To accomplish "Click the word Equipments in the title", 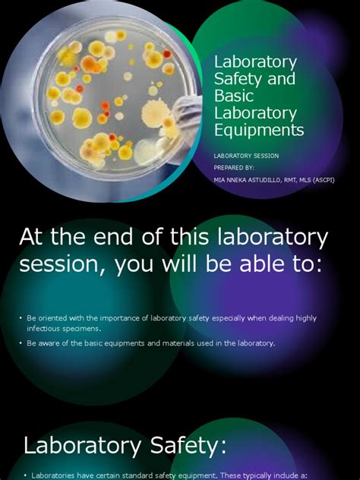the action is point(259,131).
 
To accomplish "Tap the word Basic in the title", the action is point(234,96).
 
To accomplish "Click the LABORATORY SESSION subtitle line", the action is point(246,156).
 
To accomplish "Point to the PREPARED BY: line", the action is point(234,168).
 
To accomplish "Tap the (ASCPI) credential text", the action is point(324,180).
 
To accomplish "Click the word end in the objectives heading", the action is point(113,237).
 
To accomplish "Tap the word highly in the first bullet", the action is point(306,318).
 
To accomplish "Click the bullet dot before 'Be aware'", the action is point(21,343).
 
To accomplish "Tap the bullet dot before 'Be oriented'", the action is point(21,318).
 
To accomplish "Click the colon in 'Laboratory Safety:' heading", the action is point(223,446).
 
